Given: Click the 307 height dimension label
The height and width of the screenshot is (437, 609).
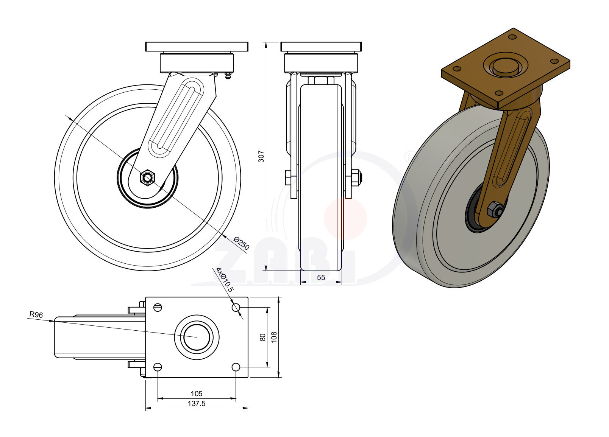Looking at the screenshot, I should coord(261,156).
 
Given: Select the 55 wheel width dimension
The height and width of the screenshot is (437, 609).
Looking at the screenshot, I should coord(321,277).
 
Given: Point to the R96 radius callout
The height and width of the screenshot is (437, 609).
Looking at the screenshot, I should coord(36,314).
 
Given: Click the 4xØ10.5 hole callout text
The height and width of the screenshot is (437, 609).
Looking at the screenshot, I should coord(225,280).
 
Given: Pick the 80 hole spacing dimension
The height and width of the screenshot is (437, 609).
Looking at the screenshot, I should coord(262,337).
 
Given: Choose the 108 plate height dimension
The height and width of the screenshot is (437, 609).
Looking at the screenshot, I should coord(274,337).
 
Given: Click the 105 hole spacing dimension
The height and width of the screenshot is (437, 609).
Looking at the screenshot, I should coord(197,393).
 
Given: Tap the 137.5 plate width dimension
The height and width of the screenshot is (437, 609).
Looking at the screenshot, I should coord(197,403).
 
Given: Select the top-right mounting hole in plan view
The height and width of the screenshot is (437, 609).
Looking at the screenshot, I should coord(236,307).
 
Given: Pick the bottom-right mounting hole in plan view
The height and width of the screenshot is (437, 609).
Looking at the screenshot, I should coord(236,367).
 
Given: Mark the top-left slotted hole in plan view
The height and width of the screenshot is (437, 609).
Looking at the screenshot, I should coord(158,307).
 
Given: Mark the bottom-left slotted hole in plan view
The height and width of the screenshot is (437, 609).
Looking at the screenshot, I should coord(158,367).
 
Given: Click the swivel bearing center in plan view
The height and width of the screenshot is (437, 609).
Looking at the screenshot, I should coord(197,337).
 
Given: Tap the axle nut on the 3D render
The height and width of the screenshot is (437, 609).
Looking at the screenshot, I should coord(495,209).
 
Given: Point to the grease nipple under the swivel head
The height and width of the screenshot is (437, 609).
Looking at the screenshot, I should coord(228,76).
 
